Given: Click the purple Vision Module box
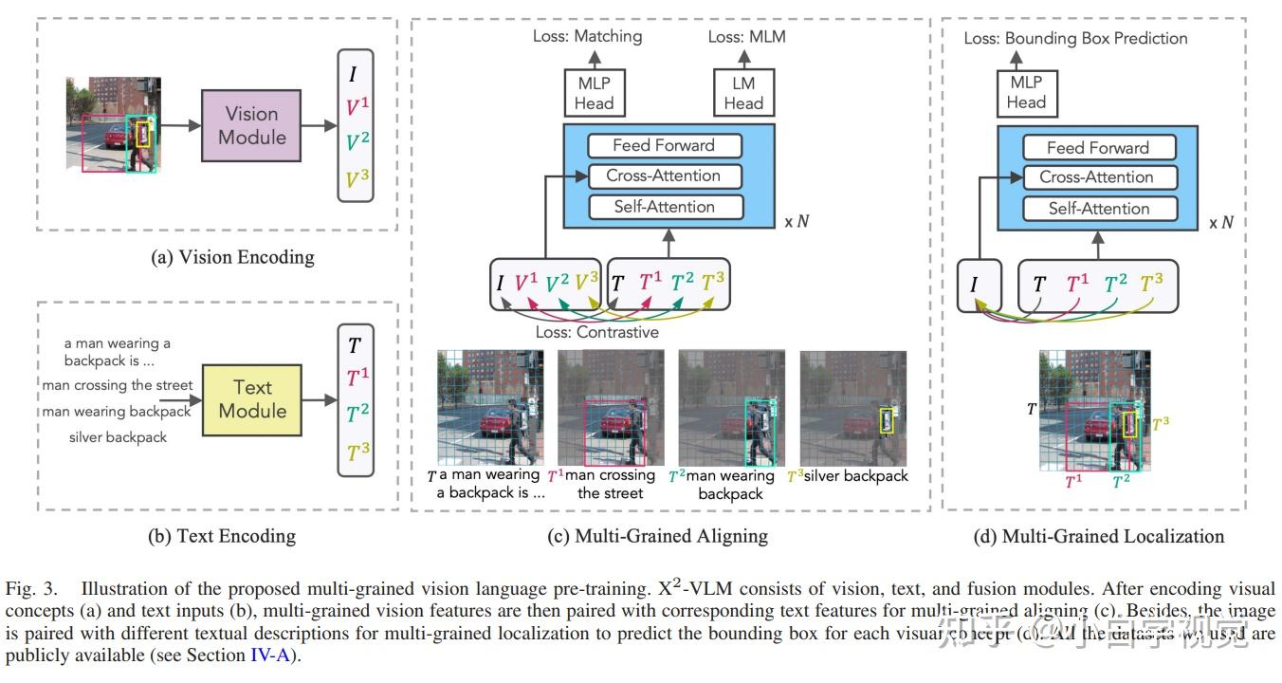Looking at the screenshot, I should pos(250,125).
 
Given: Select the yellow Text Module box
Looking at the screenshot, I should pos(251,399).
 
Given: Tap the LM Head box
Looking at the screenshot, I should pos(743,93).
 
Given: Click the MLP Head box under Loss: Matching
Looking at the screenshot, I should pos(594,93).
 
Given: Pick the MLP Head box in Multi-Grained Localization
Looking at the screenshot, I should pos(1026,92).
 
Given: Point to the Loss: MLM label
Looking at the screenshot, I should pos(746,37).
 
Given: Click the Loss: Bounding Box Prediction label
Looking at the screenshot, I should pos(1075,38).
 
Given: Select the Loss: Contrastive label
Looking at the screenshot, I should pos(596,332).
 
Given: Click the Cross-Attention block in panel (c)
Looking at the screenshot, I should pos(665,175).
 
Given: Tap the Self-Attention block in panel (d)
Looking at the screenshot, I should pos(1098,209).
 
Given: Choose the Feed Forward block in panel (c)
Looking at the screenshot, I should pos(664,145).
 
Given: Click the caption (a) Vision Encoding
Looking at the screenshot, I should pos(232,257).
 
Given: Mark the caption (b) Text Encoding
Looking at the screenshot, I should pos(221,536).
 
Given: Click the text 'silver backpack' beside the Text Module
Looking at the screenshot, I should pos(118,437).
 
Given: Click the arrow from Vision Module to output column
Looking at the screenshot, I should pos(319,125).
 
